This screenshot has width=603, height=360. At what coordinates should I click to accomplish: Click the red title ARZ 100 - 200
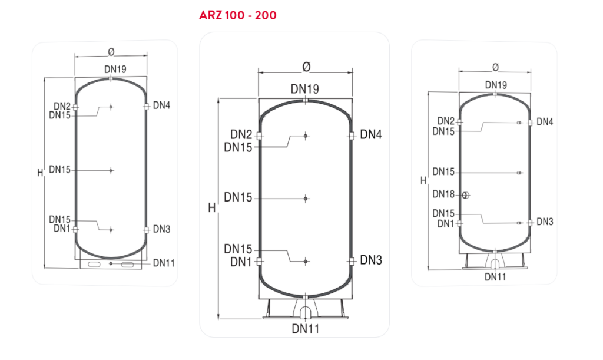[x=238, y=15]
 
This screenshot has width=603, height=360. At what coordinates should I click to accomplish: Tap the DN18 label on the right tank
[x=443, y=194]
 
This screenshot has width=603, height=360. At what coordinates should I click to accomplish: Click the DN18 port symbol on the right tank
[x=466, y=196]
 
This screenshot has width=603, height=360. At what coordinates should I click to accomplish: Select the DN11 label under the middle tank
[x=306, y=329]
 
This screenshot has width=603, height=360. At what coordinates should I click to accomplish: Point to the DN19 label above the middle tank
[x=305, y=89]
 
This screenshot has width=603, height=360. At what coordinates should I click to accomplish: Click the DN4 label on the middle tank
[x=371, y=134]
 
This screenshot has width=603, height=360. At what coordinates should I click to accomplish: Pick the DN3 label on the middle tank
[x=371, y=260]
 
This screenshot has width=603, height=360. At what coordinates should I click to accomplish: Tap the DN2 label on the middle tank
[x=241, y=134]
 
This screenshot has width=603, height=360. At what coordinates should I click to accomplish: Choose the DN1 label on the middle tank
[x=241, y=262]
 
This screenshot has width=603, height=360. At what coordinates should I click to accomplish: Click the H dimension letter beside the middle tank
[x=211, y=208]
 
